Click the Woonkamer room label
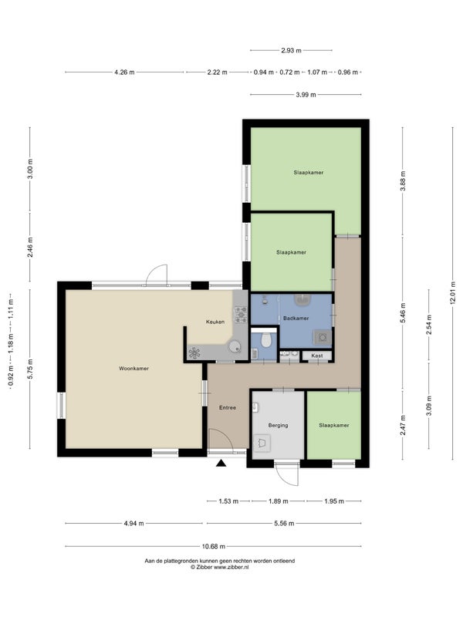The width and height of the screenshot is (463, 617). (x=133, y=369)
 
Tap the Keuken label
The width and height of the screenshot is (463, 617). (x=215, y=322)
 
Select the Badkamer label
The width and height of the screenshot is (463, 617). (x=296, y=319)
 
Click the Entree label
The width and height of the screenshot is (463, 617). (x=228, y=408)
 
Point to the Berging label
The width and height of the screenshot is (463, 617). (x=278, y=426)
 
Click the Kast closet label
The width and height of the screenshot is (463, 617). (x=317, y=356)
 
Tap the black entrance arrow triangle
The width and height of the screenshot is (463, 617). (x=221, y=464)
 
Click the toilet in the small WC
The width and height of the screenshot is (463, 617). (x=266, y=339)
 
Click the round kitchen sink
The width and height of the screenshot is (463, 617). (x=235, y=346)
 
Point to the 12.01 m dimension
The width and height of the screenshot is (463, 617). (x=453, y=293)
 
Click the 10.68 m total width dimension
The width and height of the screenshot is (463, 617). (x=214, y=546)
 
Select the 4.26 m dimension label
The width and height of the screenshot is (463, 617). (x=124, y=72)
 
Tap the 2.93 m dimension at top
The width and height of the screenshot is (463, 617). (x=292, y=50)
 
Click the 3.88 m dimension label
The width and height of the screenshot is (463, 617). (x=402, y=181)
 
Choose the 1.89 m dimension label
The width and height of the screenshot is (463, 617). (x=279, y=501)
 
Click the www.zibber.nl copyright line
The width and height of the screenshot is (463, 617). (x=220, y=567)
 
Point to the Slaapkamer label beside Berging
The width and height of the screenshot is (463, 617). (x=334, y=426)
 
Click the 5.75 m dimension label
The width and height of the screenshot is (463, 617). (x=30, y=369)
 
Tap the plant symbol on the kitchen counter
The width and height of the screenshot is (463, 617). (x=194, y=353)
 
